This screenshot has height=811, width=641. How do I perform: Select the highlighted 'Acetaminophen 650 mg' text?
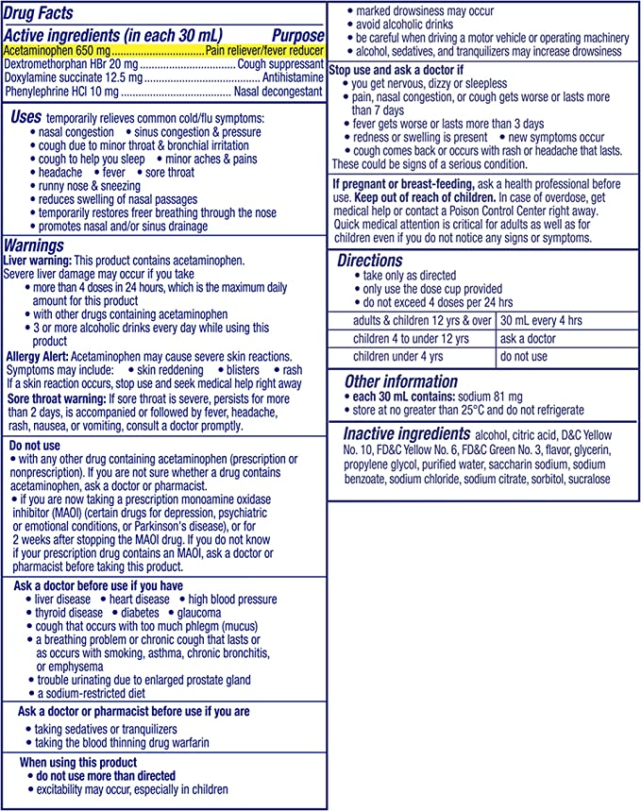point(57,49)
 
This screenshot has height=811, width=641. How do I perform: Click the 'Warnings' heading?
point(34,245)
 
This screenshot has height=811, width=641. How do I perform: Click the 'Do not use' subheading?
point(37,445)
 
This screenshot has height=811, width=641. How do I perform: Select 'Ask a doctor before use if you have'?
point(99,586)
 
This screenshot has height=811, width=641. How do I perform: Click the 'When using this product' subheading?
point(78,762)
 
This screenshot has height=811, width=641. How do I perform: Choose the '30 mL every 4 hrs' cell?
point(541,320)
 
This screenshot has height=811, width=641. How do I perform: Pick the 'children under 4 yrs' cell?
point(397,357)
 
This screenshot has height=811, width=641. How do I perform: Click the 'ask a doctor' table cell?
point(528,339)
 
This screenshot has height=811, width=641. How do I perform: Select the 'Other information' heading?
point(400,381)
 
